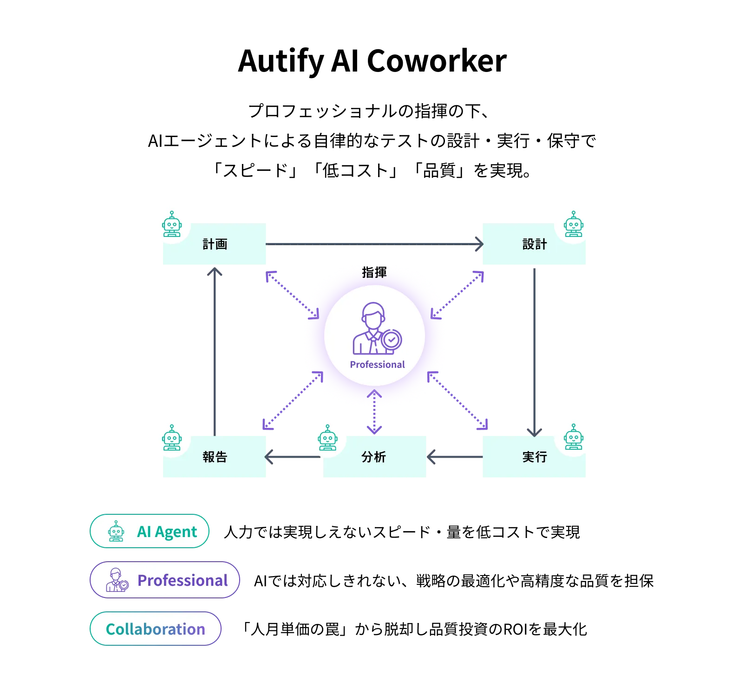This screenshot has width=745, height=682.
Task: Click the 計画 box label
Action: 215,244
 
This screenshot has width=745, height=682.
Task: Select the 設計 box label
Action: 535,244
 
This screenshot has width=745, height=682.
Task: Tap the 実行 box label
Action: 535,457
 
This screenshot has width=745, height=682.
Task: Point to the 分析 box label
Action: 374,457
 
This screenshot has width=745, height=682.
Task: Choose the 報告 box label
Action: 215,457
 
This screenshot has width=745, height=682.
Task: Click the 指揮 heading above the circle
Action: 374,272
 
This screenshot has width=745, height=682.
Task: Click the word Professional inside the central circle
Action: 377,365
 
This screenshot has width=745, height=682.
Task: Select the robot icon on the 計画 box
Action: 172,224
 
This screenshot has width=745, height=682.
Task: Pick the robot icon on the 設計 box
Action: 574,224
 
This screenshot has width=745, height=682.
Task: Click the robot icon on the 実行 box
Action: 574,437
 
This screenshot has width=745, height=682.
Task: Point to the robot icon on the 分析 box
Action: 327,438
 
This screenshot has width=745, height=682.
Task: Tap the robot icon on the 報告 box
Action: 172,438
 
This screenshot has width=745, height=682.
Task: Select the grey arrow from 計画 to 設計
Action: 372,243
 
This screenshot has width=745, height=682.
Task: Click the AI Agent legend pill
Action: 149,531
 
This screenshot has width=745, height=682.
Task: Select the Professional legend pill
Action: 165,580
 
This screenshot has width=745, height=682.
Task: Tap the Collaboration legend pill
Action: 155,629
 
